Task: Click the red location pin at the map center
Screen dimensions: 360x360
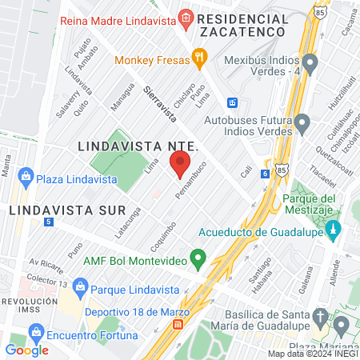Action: point(180,166)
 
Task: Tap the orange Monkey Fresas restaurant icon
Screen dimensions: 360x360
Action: point(200,58)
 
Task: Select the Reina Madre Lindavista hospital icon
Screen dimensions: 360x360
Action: point(186,17)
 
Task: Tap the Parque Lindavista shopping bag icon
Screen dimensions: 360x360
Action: point(79,286)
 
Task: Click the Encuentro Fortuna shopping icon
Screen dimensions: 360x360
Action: point(35,331)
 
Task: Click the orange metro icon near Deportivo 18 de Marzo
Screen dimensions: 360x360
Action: point(178,325)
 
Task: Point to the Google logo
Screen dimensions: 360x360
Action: point(26,350)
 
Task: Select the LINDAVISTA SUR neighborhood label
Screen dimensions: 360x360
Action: point(67,210)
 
